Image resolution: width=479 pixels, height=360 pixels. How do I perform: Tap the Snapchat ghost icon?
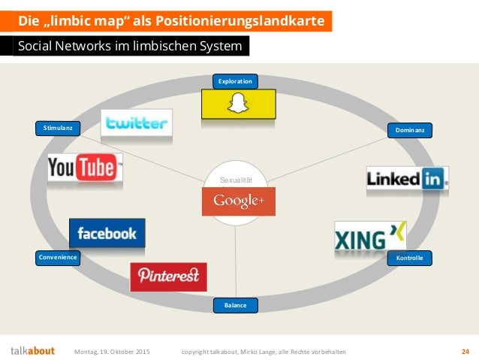coord(237,103)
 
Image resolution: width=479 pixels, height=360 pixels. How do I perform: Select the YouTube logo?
coord(84,168)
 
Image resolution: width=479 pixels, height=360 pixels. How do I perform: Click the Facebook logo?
coord(107,234)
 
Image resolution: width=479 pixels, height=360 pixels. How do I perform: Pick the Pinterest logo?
coord(168,276)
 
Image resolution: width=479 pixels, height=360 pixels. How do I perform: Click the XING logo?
coord(370,237)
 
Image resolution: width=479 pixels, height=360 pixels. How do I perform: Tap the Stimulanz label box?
coord(58,129)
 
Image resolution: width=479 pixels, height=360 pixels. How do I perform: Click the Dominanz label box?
coord(410,131)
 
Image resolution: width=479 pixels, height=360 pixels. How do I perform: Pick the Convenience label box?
coord(58,258)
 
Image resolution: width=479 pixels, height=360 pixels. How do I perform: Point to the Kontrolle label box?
coord(409,258)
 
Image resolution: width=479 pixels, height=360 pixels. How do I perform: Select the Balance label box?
coord(235,305)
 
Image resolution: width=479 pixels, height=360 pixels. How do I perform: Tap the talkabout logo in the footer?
coord(32,351)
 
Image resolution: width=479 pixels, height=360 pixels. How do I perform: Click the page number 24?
coord(465,351)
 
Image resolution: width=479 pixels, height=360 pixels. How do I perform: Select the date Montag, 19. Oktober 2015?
coord(116,351)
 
